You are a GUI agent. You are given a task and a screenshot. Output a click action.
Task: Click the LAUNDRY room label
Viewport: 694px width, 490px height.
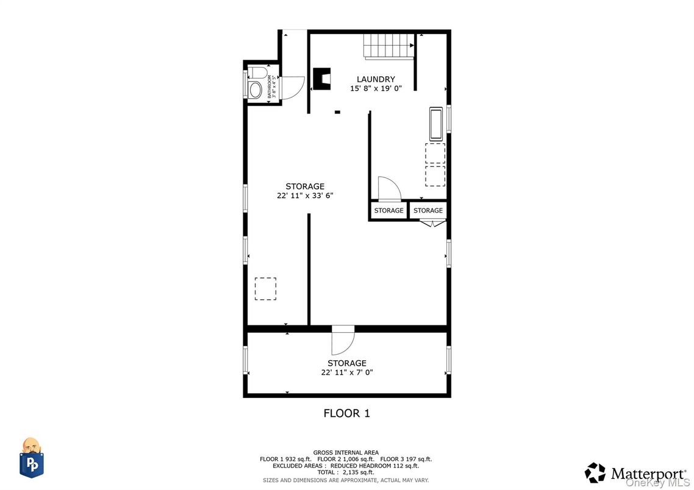[x=376, y=79]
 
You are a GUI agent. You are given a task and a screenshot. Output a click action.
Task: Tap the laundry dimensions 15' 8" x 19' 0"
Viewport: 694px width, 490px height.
[x=376, y=88]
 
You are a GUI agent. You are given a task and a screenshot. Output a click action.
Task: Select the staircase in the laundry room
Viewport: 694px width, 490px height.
[x=389, y=46]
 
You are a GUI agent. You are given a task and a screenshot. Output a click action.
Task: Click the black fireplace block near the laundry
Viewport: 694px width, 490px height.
[x=321, y=79]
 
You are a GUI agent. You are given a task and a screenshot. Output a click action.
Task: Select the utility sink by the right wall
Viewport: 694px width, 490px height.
[x=435, y=124]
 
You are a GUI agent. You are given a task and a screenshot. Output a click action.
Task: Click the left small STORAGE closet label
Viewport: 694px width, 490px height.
[x=388, y=211]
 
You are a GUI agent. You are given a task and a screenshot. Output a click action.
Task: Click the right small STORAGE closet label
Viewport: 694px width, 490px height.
[x=428, y=211]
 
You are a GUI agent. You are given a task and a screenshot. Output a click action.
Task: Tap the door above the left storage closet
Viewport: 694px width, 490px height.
[x=388, y=188]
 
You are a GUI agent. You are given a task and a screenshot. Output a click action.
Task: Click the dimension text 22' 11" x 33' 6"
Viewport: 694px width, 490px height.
[x=304, y=196]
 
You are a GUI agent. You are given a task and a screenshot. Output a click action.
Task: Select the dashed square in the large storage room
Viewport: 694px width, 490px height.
[x=265, y=289]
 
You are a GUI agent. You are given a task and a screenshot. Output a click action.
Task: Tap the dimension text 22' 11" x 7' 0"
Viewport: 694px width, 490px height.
[x=346, y=372]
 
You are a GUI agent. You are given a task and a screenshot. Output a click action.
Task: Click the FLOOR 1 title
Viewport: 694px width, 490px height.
[x=346, y=413]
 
